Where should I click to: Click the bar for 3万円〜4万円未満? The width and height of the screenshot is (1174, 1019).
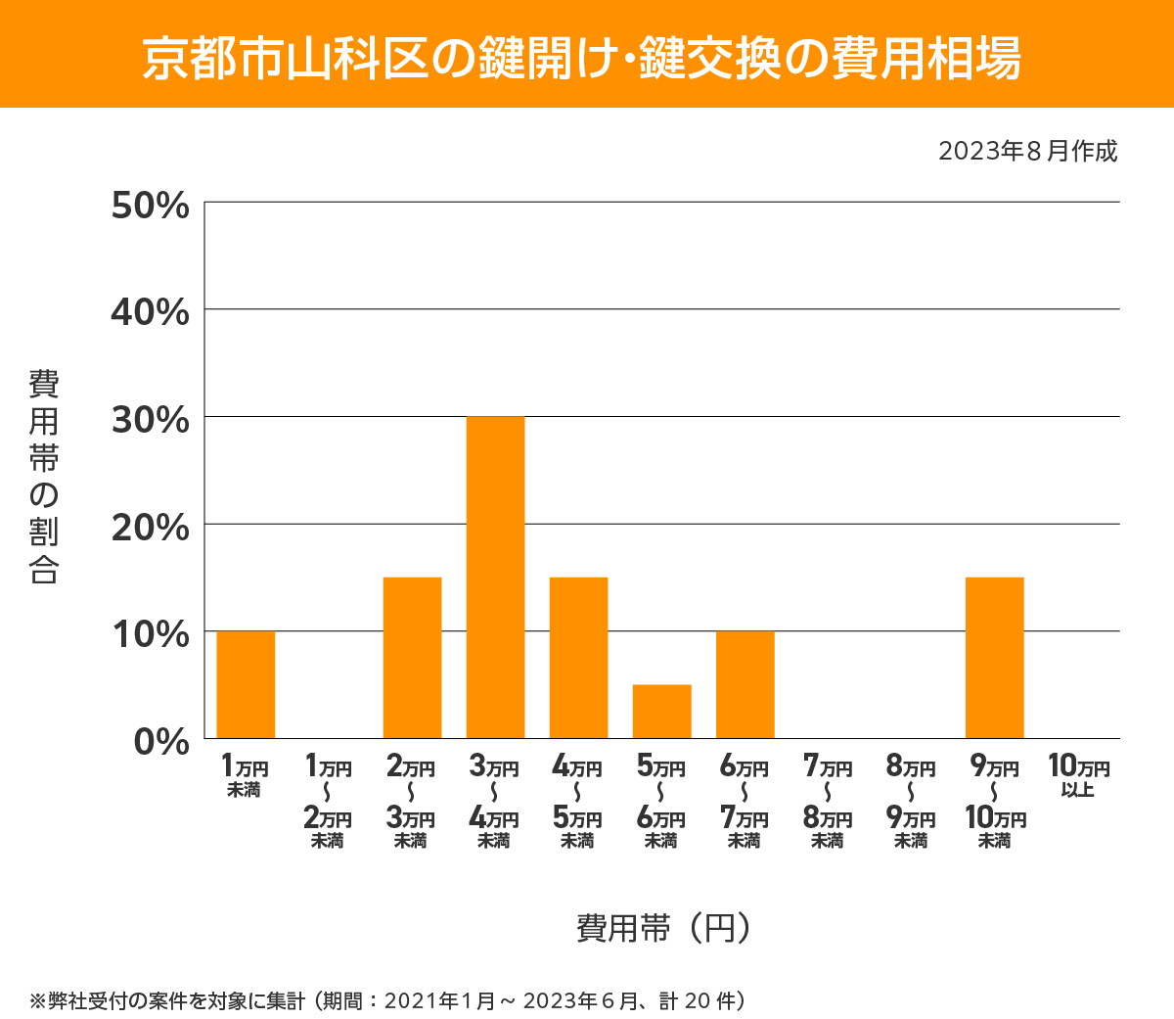coord(495,578)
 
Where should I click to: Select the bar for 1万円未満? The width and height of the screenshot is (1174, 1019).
coord(246,684)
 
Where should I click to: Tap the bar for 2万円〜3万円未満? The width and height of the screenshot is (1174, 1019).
coord(412,658)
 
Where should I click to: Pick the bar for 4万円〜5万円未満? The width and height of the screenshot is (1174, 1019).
coord(578,658)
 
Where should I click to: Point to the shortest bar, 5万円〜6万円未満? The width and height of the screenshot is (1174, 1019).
coord(661,712)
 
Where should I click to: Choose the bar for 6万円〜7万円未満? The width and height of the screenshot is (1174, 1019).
coord(745,684)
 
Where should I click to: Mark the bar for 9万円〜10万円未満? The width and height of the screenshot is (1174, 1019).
coord(994,658)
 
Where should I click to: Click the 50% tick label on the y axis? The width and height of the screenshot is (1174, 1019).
coord(150,206)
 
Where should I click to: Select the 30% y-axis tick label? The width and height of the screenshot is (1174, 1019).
coord(150,420)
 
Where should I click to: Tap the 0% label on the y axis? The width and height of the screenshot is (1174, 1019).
coord(161,741)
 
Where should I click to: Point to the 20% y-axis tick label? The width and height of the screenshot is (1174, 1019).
coord(150,528)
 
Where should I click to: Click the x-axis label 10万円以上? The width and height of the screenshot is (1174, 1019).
coord(1078,775)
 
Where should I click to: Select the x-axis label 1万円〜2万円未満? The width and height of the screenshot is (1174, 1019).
coord(328,800)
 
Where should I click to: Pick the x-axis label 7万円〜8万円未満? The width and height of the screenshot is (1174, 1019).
coord(828,800)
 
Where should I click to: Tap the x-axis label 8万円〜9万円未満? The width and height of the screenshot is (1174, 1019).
coord(911,800)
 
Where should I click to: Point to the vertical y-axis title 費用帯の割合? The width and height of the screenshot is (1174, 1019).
coord(44,476)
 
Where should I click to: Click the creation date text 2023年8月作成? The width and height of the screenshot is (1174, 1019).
coord(1027,152)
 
